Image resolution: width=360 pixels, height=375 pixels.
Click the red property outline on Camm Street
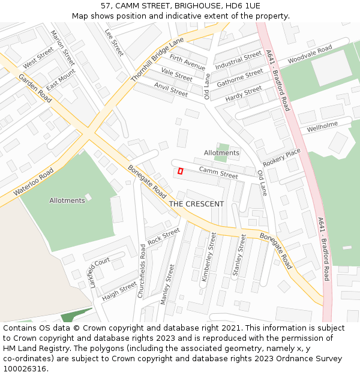[x=180, y=171]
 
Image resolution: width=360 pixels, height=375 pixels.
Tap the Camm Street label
[x=218, y=173]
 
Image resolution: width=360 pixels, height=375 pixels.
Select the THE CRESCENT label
[x=196, y=204]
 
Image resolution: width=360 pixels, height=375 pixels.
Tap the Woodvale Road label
[x=310, y=55]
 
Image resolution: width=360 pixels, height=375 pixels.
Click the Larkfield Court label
[x=100, y=272]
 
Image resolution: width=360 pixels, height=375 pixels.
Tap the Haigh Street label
[x=119, y=290]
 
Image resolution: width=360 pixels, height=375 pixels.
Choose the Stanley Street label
[x=239, y=255]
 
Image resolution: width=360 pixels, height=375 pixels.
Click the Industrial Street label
[x=238, y=61]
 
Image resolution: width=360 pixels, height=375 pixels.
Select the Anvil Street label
[x=171, y=90]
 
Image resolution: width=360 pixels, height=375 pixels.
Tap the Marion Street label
[x=62, y=48]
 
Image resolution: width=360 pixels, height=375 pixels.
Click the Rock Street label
[x=163, y=236]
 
